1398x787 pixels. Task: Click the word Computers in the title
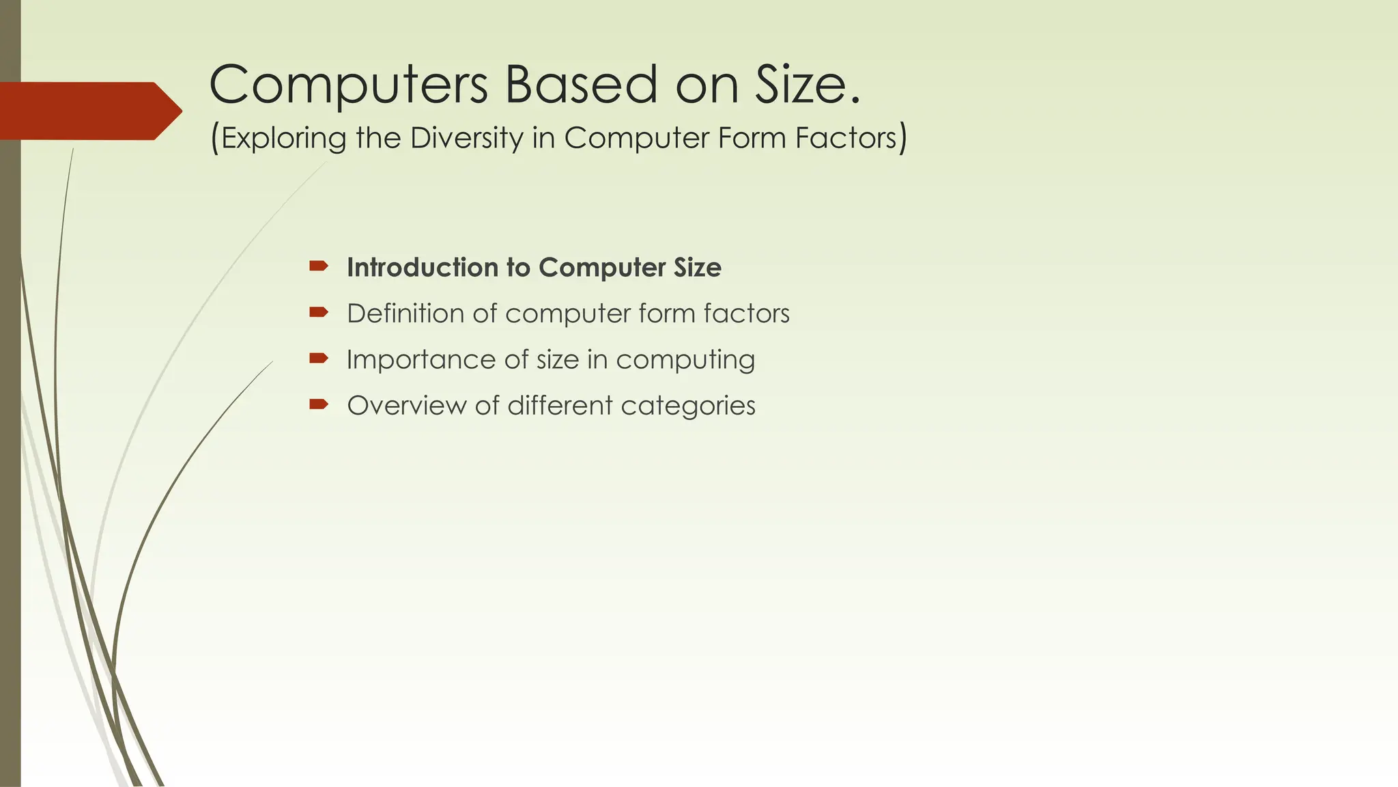[x=348, y=85]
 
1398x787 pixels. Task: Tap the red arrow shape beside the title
[x=89, y=111]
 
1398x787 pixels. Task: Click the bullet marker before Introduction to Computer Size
[x=319, y=266]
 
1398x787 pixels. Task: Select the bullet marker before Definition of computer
[x=319, y=313]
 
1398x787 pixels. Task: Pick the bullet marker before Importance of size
[x=319, y=359]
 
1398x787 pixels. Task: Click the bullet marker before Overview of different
[x=319, y=404]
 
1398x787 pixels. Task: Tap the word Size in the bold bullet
[x=697, y=268]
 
